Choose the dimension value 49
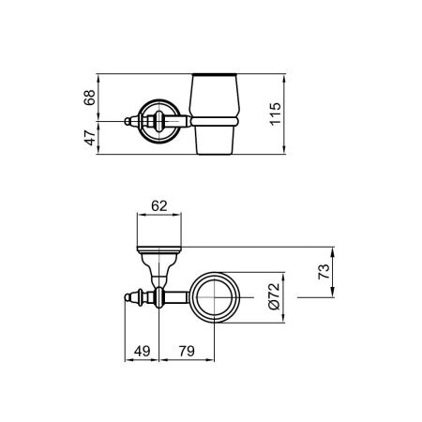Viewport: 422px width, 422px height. [x=141, y=352]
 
